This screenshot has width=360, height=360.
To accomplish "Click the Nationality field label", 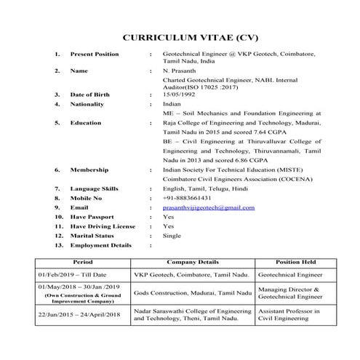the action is tap(90, 104).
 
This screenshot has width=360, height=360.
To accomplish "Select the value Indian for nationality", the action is tap(173, 104).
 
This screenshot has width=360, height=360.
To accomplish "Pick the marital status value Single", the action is tap(172, 236).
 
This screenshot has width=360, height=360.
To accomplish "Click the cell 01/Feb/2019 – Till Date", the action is tap(73, 276).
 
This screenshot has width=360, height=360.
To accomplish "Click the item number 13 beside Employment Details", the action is tap(57, 245).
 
